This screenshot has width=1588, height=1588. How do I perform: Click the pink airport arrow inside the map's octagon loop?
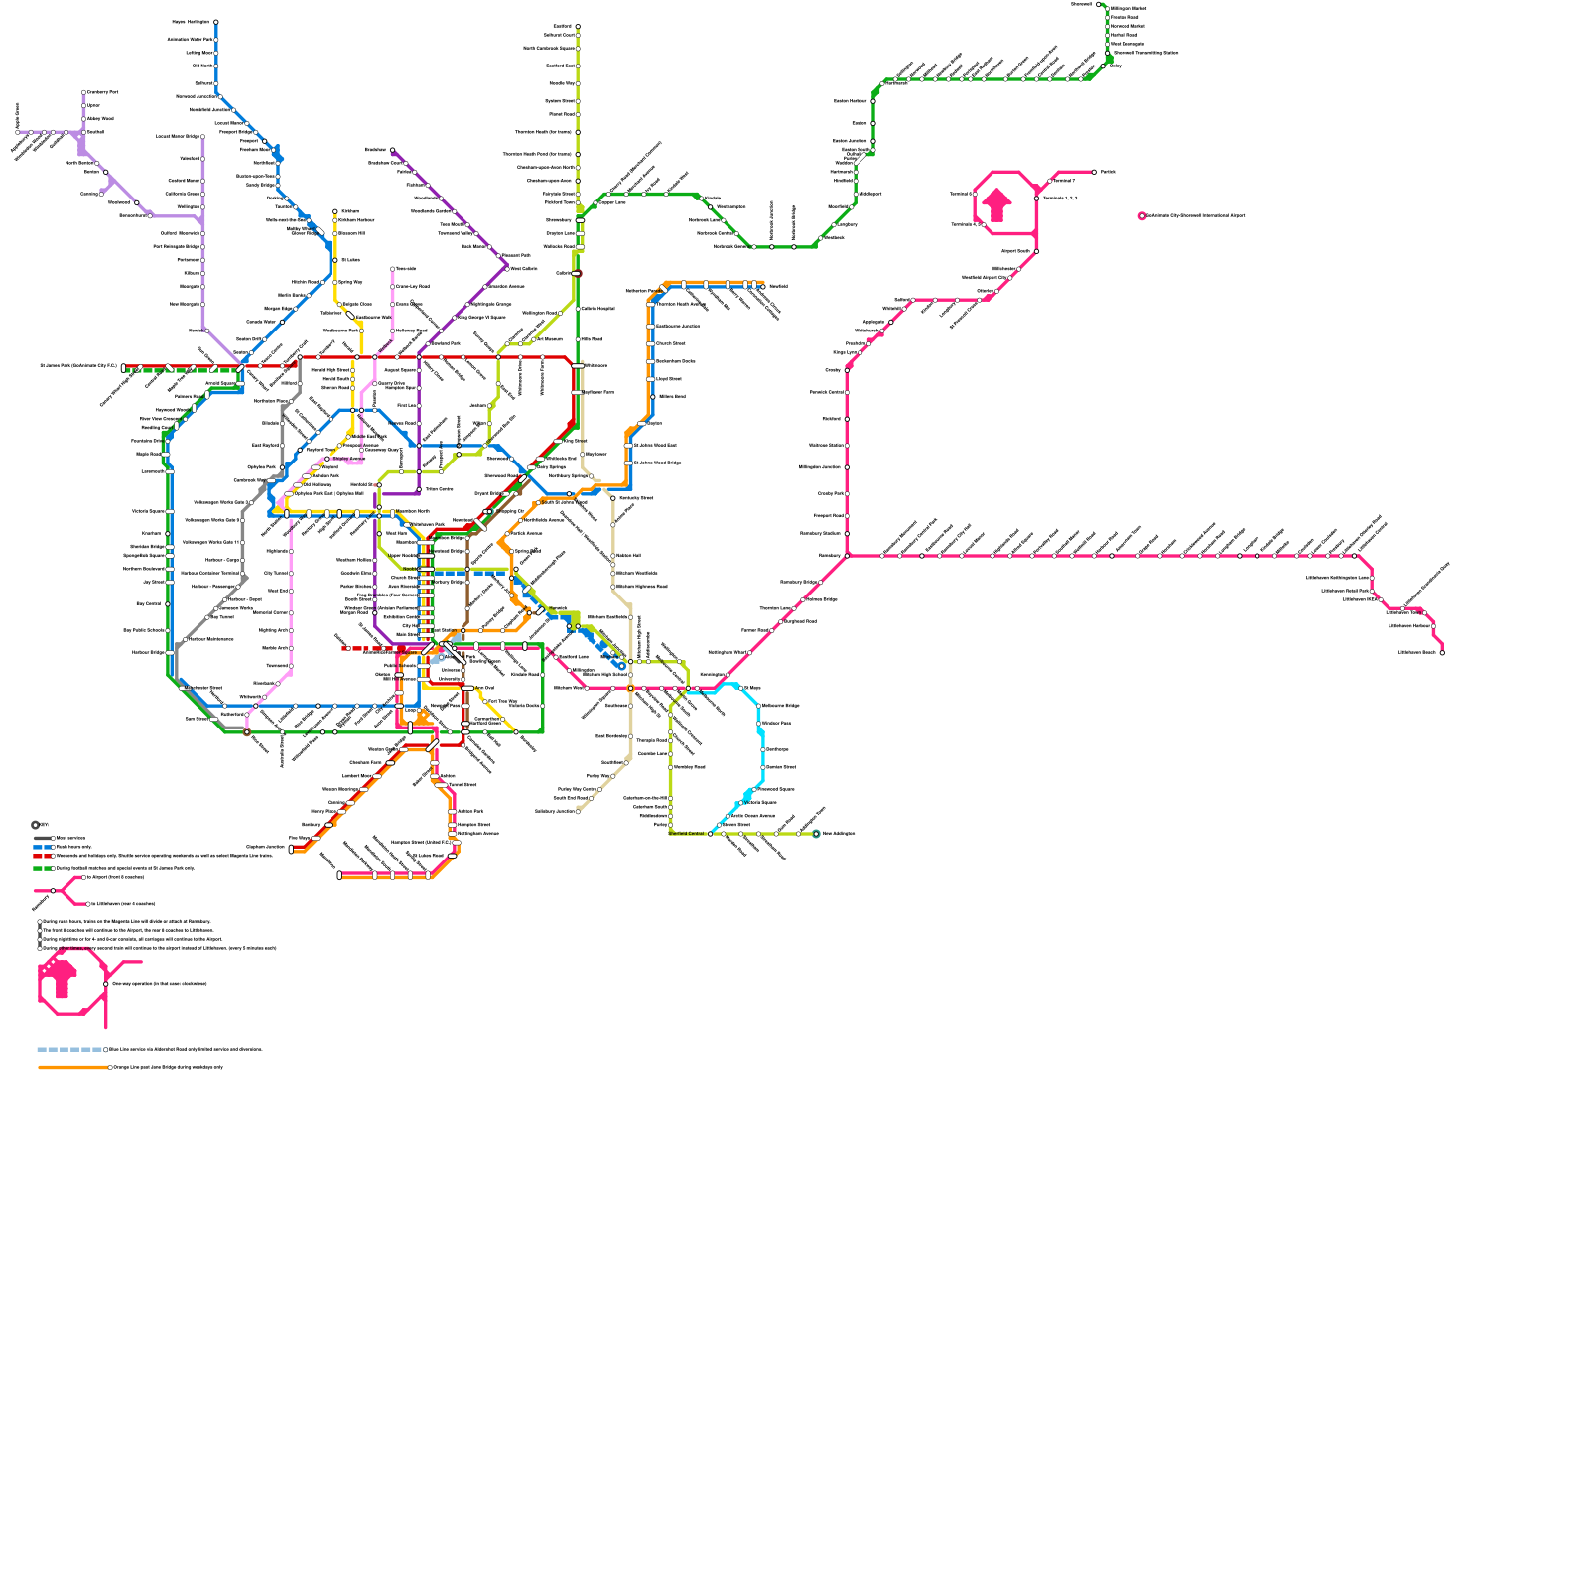(x=997, y=204)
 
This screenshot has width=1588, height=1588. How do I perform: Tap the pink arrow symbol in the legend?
(x=61, y=978)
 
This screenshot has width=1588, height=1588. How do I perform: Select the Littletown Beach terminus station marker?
(x=1442, y=652)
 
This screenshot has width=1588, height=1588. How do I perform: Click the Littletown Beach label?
(x=1417, y=652)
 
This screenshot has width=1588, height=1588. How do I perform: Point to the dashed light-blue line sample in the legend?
(x=69, y=1049)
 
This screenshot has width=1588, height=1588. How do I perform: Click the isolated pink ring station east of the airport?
(x=1142, y=215)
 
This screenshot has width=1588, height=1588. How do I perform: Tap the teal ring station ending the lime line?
(x=816, y=834)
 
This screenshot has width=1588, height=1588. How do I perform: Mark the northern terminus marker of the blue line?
(x=216, y=22)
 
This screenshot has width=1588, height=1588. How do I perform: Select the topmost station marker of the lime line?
(x=578, y=27)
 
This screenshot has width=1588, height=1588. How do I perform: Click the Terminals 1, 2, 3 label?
(x=1060, y=198)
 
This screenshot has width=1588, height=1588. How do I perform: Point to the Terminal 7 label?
(x=1064, y=181)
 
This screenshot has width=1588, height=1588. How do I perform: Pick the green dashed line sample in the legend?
(x=43, y=868)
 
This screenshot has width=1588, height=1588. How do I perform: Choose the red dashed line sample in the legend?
(x=43, y=856)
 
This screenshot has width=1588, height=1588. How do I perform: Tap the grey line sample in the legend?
(x=43, y=839)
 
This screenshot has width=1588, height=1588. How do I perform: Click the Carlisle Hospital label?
(x=597, y=308)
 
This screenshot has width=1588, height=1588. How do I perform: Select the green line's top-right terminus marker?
(x=1099, y=4)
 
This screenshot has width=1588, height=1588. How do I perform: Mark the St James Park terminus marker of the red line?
(x=123, y=367)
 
